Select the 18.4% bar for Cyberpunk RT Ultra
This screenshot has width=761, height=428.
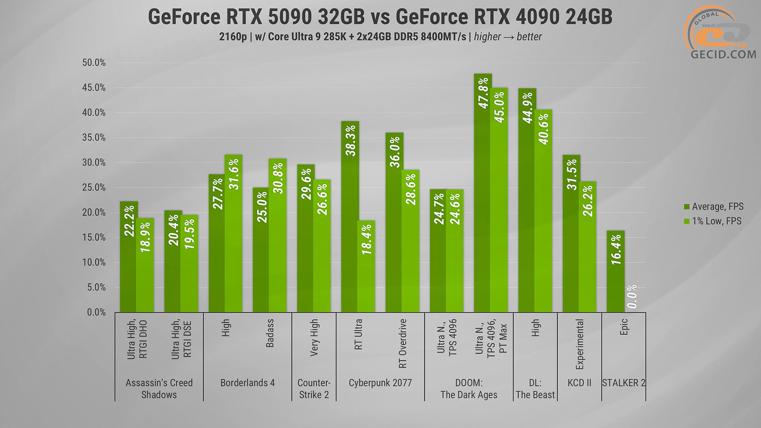pyautogui.click(x=366, y=266)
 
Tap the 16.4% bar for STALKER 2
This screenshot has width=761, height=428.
pyautogui.click(x=616, y=271)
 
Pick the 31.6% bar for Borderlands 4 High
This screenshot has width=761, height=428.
pyautogui.click(x=233, y=233)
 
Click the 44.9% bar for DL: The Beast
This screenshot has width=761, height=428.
pyautogui.click(x=527, y=200)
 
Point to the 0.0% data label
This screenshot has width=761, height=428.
pyautogui.click(x=632, y=296)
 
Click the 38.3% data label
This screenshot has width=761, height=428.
pyautogui.click(x=351, y=141)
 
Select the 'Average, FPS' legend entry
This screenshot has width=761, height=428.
pyautogui.click(x=713, y=206)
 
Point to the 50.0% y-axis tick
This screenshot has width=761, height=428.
pyautogui.click(x=94, y=63)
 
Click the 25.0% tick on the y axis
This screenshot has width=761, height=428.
pyautogui.click(x=94, y=187)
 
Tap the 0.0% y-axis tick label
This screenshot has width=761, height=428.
pyautogui.click(x=96, y=312)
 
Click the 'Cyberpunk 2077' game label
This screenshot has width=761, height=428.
pyautogui.click(x=380, y=383)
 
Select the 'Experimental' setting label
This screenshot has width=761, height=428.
pyautogui.click(x=579, y=344)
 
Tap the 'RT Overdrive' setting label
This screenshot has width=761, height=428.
pyautogui.click(x=403, y=343)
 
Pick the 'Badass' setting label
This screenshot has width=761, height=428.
pyautogui.click(x=270, y=333)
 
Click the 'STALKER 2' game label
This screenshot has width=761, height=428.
pyautogui.click(x=623, y=383)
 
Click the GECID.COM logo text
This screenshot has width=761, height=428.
pyautogui.click(x=723, y=54)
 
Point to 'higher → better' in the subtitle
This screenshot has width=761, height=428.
pyautogui.click(x=508, y=37)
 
